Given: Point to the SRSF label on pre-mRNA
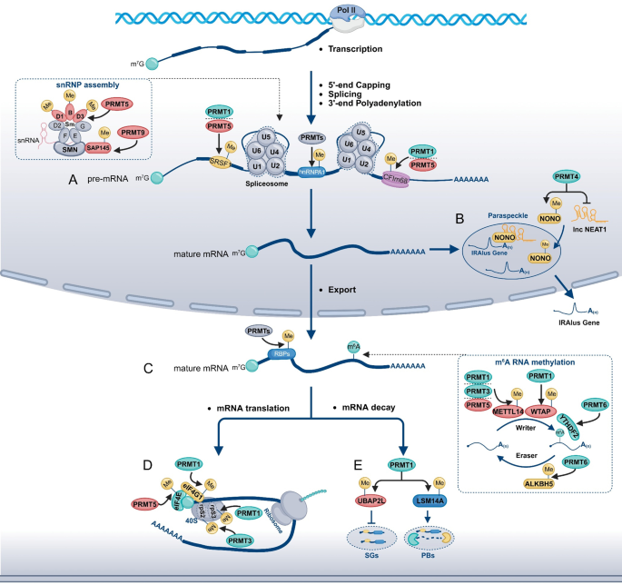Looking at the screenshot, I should click(x=217, y=164).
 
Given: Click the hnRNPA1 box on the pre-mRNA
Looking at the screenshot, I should click(x=311, y=169).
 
